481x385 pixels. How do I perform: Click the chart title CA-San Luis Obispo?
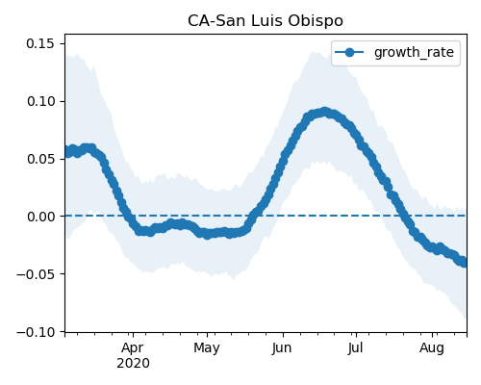click(266, 21)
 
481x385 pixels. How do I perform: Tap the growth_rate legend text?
click(414, 52)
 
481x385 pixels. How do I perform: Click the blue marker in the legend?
click(349, 52)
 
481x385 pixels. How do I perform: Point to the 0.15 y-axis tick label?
click(40, 43)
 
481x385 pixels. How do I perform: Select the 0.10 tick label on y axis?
click(40, 101)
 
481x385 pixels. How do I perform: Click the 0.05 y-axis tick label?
click(40, 159)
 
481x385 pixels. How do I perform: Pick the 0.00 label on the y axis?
click(40, 217)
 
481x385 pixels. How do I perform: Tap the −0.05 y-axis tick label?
click(36, 274)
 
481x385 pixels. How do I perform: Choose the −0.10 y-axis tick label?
click(36, 332)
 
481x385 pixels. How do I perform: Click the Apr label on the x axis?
click(133, 348)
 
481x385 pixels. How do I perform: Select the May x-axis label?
click(207, 348)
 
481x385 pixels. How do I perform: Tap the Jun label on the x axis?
click(282, 348)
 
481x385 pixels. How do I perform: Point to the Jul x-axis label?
click(355, 348)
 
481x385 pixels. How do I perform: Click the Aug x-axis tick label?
click(432, 348)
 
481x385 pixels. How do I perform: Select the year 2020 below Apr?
click(133, 364)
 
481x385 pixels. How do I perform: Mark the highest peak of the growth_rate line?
click(325, 112)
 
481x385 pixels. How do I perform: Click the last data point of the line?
click(463, 262)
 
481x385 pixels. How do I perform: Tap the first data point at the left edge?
click(66, 152)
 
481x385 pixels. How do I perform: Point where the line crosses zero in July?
click(403, 216)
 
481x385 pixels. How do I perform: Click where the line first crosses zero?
click(128, 216)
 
